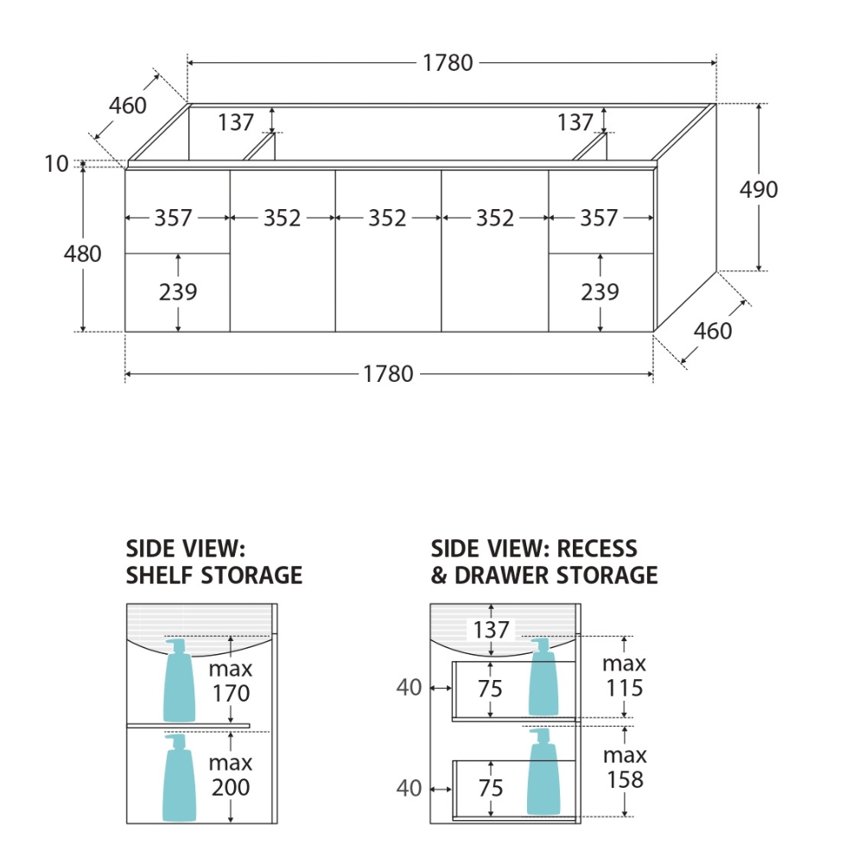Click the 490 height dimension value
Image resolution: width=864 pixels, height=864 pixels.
(759, 189)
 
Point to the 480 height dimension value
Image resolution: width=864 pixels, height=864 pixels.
(82, 254)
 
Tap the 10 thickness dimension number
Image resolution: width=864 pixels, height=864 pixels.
(56, 164)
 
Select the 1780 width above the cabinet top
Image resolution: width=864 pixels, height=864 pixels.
(448, 63)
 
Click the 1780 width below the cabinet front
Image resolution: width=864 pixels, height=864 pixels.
(388, 374)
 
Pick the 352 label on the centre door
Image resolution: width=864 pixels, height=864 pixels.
(387, 219)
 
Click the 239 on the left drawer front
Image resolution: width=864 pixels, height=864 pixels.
(178, 293)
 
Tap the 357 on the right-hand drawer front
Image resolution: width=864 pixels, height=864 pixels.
(600, 219)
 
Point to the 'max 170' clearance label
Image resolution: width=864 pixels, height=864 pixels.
(231, 681)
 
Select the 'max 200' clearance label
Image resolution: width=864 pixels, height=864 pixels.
(231, 775)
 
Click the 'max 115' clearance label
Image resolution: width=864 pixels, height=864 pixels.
(625, 676)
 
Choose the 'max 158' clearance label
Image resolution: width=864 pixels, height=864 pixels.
(625, 767)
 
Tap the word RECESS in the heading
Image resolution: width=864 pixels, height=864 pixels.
(597, 549)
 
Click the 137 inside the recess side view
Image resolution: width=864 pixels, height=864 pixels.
(491, 630)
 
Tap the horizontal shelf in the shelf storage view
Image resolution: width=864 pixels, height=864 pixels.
(188, 726)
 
